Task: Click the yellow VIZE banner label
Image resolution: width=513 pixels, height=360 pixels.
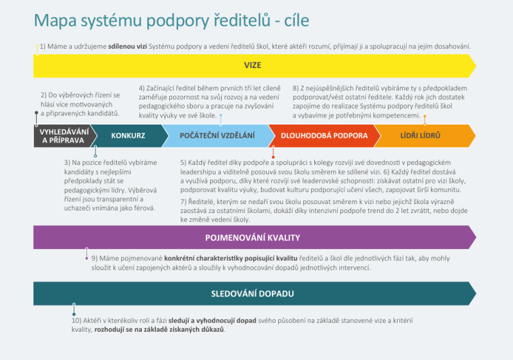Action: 252,65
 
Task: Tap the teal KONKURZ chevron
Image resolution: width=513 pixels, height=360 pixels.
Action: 128,136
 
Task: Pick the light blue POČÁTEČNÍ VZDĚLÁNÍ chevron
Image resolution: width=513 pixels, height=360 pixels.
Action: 217,136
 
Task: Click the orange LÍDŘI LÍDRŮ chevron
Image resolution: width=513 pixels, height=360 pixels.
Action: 420,136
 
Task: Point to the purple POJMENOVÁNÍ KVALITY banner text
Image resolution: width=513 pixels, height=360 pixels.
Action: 252,238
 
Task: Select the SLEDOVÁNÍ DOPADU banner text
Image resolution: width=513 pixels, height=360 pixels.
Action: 252,294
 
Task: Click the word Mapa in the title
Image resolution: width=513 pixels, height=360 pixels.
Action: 55,21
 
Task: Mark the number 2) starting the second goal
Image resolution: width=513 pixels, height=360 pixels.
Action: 44,95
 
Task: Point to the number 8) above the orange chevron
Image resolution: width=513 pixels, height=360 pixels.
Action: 296,88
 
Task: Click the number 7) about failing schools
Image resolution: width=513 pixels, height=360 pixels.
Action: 184,202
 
